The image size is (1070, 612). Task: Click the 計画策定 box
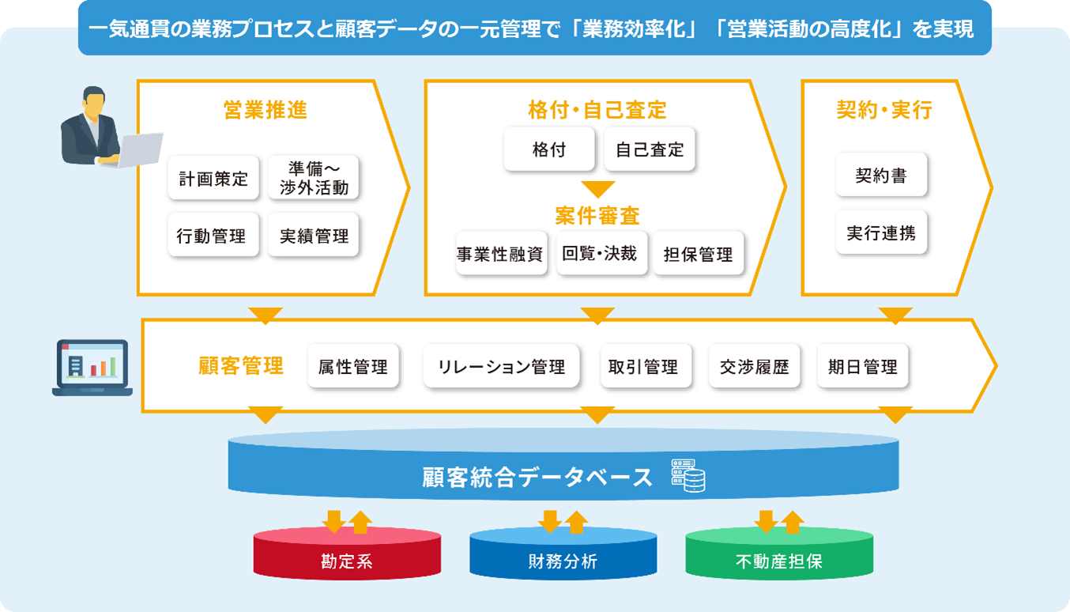coord(213,178)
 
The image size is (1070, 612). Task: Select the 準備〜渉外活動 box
coord(314,178)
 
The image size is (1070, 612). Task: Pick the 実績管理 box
coord(314,235)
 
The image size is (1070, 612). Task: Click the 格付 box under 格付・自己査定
coord(549,149)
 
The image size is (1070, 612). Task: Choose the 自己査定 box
coord(650,149)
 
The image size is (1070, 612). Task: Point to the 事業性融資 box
coord(501,254)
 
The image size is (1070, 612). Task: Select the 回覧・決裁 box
coord(601,253)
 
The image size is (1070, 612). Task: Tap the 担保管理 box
coord(699,254)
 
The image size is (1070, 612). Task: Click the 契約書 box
coord(881,176)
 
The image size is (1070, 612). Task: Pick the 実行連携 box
coord(881,233)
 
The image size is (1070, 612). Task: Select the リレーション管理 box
coord(502,367)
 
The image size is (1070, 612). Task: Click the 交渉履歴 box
coord(755,367)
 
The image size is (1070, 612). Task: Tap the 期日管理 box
coord(863,367)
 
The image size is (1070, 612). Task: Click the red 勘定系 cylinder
coord(347,555)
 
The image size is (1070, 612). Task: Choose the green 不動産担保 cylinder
coord(779,555)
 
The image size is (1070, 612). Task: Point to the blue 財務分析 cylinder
coord(563,555)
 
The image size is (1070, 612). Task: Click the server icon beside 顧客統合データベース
coord(688,475)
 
